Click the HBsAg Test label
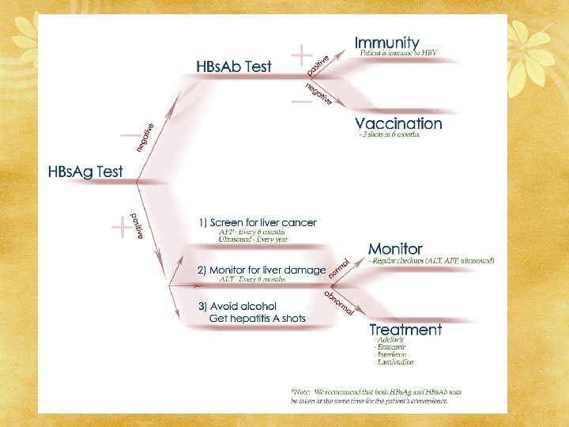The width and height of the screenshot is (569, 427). click(x=85, y=172)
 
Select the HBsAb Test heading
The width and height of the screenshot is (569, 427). click(x=233, y=66)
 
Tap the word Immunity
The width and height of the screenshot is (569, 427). click(x=387, y=42)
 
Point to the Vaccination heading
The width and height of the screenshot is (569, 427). click(x=398, y=123)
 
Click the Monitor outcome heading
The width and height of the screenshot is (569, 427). click(x=395, y=249)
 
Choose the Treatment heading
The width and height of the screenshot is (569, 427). click(x=405, y=329)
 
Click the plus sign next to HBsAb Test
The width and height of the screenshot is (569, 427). click(x=301, y=55)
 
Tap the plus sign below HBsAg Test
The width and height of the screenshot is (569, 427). click(x=121, y=229)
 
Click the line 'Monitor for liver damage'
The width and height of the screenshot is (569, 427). click(x=261, y=270)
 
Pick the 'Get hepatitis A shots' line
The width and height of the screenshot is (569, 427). click(x=257, y=319)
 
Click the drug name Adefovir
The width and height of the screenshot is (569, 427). click(x=390, y=339)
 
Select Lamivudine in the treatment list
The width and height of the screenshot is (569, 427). click(x=394, y=362)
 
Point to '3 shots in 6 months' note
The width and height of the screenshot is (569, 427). click(x=390, y=134)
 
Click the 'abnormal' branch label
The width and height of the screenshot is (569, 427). click(x=339, y=300)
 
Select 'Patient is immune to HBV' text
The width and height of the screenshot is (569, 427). click(x=398, y=53)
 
